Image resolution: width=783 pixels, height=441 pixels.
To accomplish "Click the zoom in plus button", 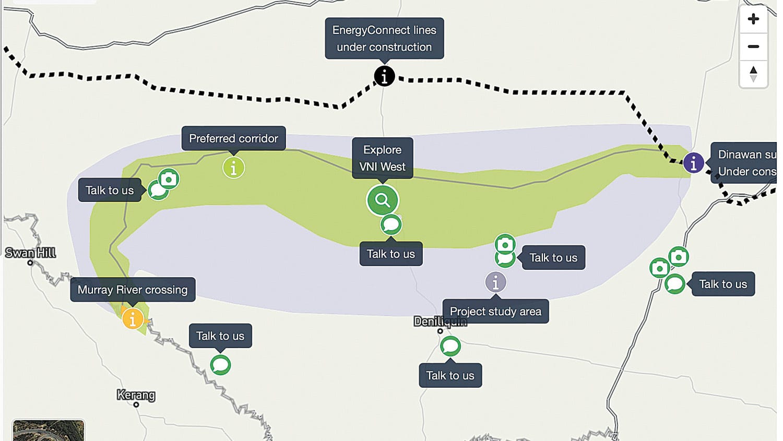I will click(753, 19).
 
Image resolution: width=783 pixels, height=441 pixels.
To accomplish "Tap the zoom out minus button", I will click(753, 46).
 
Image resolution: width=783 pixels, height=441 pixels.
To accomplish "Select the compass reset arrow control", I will click(753, 74).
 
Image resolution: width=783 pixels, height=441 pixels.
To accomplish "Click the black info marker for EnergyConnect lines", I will click(384, 76).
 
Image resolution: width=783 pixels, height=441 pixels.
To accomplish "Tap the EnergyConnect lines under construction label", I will click(384, 39).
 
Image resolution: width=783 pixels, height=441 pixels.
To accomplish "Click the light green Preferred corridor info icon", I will click(233, 168).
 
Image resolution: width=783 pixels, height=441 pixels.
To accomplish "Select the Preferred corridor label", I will click(233, 138).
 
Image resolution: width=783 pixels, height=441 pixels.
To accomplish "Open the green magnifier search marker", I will click(383, 200).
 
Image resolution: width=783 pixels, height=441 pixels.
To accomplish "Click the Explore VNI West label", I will click(383, 158).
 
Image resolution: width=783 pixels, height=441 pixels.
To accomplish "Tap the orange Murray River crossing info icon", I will click(133, 318).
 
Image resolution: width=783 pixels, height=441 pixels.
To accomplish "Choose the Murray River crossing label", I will click(133, 290).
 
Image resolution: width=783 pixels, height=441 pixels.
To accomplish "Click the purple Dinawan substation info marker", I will click(693, 163).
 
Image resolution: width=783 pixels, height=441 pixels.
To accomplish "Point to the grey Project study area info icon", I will click(495, 282).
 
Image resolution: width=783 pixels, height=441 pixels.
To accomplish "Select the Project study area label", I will click(495, 312).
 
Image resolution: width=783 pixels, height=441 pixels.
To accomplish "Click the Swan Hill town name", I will click(30, 253).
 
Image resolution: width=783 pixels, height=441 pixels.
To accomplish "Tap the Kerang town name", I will click(136, 395).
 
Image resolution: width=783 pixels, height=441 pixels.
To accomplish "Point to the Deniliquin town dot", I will click(440, 331).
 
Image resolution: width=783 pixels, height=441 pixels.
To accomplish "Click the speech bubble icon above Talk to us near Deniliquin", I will click(450, 346).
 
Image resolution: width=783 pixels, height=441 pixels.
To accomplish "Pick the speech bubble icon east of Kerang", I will click(220, 365).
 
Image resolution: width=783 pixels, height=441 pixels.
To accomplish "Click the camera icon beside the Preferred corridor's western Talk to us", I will click(169, 179).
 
